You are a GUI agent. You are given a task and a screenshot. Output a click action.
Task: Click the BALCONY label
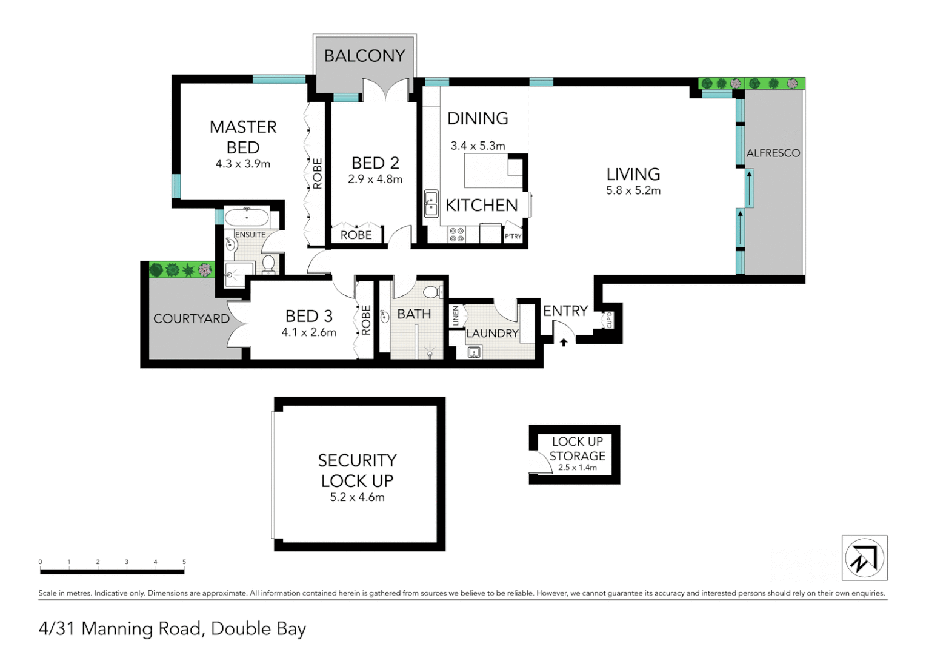coord(364,56)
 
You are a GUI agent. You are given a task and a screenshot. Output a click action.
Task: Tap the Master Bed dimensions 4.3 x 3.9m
coord(242,164)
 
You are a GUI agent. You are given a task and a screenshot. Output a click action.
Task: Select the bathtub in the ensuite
coord(247,217)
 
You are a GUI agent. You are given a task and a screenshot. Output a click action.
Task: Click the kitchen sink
coord(431,204)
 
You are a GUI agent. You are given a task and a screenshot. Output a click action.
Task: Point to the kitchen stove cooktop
coord(456,235)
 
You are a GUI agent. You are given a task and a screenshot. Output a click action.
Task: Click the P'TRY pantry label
coord(513,237)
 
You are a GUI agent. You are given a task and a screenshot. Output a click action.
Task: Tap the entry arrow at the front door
coord(564,343)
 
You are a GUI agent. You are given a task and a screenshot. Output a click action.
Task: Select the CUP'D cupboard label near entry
coord(609,320)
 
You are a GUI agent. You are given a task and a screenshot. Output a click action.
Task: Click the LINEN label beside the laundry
coord(456,316)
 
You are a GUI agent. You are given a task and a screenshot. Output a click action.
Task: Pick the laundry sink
coord(474,352)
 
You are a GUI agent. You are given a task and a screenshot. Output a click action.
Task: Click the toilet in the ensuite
coord(268,263)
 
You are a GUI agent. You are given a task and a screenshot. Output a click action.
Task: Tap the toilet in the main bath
coord(433,292)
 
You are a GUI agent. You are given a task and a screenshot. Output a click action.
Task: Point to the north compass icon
coord(864,558)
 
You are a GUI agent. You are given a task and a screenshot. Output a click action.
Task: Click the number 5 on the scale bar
coord(184,562)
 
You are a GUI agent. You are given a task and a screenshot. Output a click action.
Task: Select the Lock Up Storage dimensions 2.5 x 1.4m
coord(577,468)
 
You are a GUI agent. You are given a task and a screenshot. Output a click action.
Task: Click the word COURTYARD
coord(191,319)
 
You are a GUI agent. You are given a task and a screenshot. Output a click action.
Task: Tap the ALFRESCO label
coord(773,153)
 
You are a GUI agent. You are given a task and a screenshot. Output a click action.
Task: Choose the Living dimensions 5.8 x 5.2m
coord(633,190)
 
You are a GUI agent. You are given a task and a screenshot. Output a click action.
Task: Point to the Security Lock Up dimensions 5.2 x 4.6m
coord(357,497)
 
